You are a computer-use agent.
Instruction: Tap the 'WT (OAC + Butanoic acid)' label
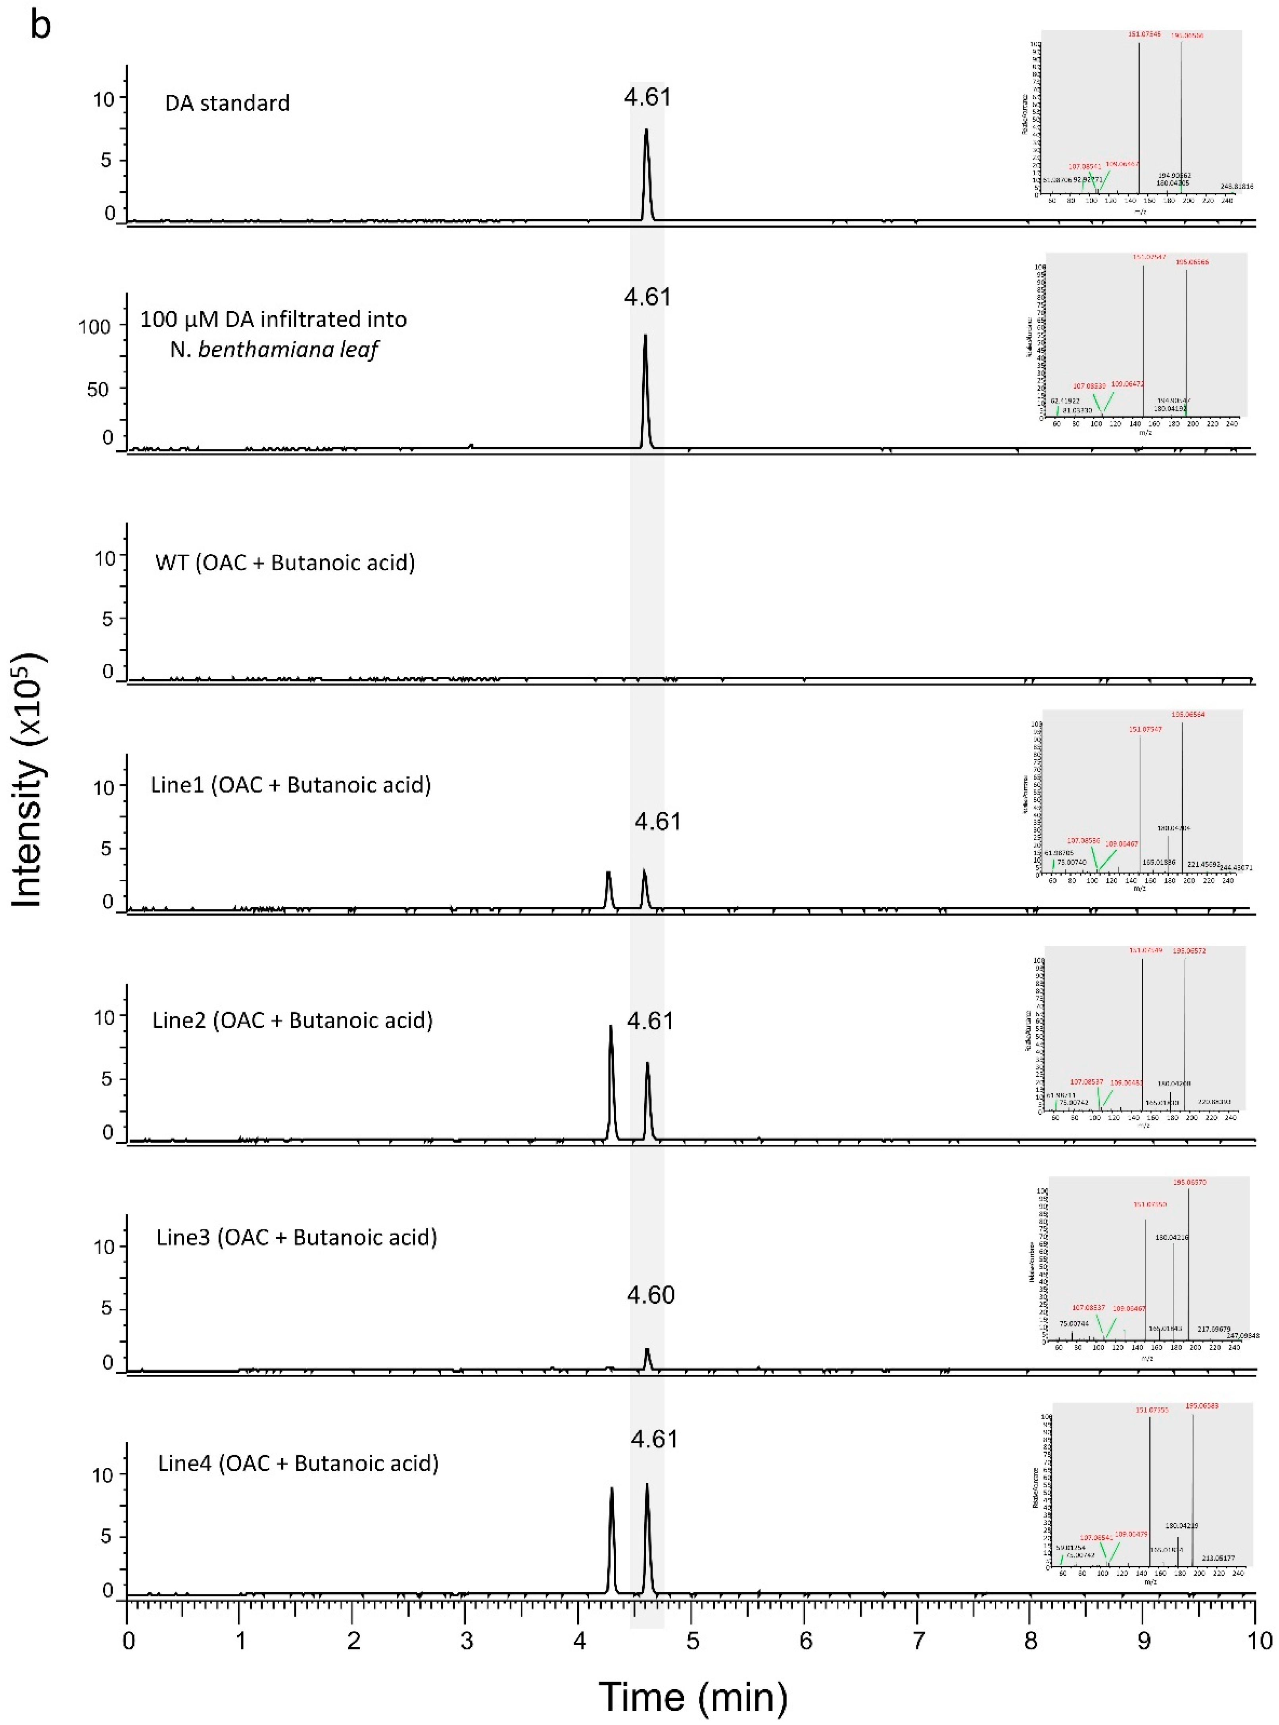click(285, 562)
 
